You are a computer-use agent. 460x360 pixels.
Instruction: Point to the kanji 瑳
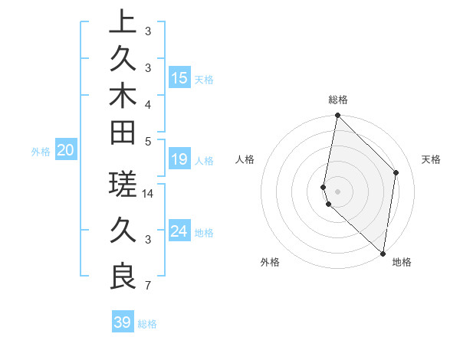(123, 185)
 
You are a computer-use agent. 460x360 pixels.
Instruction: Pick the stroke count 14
(149, 194)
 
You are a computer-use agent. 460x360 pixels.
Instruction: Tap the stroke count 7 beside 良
(147, 286)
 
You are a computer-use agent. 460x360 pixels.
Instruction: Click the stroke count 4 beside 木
(147, 104)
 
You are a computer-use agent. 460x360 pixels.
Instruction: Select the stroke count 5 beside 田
(147, 141)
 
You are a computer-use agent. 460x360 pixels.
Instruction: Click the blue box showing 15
(179, 77)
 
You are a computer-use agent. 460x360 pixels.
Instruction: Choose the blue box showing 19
(179, 159)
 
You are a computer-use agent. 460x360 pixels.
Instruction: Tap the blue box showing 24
(179, 231)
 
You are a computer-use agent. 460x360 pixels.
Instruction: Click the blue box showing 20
(66, 151)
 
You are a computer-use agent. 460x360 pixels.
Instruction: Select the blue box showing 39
(123, 322)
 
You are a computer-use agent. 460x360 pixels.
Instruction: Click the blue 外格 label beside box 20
(41, 152)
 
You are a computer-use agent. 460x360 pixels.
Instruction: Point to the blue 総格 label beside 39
(147, 324)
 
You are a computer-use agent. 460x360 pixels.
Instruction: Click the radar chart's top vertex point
(337, 116)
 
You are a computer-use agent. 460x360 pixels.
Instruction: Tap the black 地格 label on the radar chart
(402, 263)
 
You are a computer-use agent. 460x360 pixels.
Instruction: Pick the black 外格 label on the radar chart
(270, 263)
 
